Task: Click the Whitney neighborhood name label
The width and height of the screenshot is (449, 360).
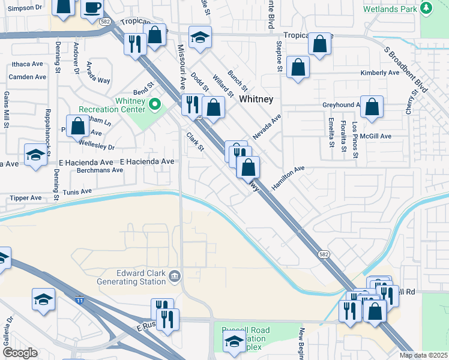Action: click(x=256, y=99)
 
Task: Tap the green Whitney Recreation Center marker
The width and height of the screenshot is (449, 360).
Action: click(x=155, y=105)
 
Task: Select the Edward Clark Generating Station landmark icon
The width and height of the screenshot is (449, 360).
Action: click(x=175, y=276)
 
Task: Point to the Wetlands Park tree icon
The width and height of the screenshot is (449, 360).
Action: click(x=426, y=8)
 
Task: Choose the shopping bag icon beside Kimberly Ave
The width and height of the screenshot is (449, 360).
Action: click(x=298, y=68)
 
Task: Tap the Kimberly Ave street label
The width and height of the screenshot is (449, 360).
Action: click(x=379, y=73)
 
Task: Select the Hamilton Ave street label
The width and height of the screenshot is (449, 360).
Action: click(x=288, y=178)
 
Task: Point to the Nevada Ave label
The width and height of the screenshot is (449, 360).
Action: click(x=267, y=128)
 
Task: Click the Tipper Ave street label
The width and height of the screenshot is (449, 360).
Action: click(x=26, y=197)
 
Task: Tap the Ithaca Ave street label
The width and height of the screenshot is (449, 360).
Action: click(x=26, y=64)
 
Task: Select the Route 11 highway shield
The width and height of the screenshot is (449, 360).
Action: click(x=79, y=299)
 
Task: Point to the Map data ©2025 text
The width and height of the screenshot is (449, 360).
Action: click(x=423, y=355)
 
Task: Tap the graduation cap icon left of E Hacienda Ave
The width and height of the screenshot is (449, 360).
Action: click(x=35, y=155)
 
